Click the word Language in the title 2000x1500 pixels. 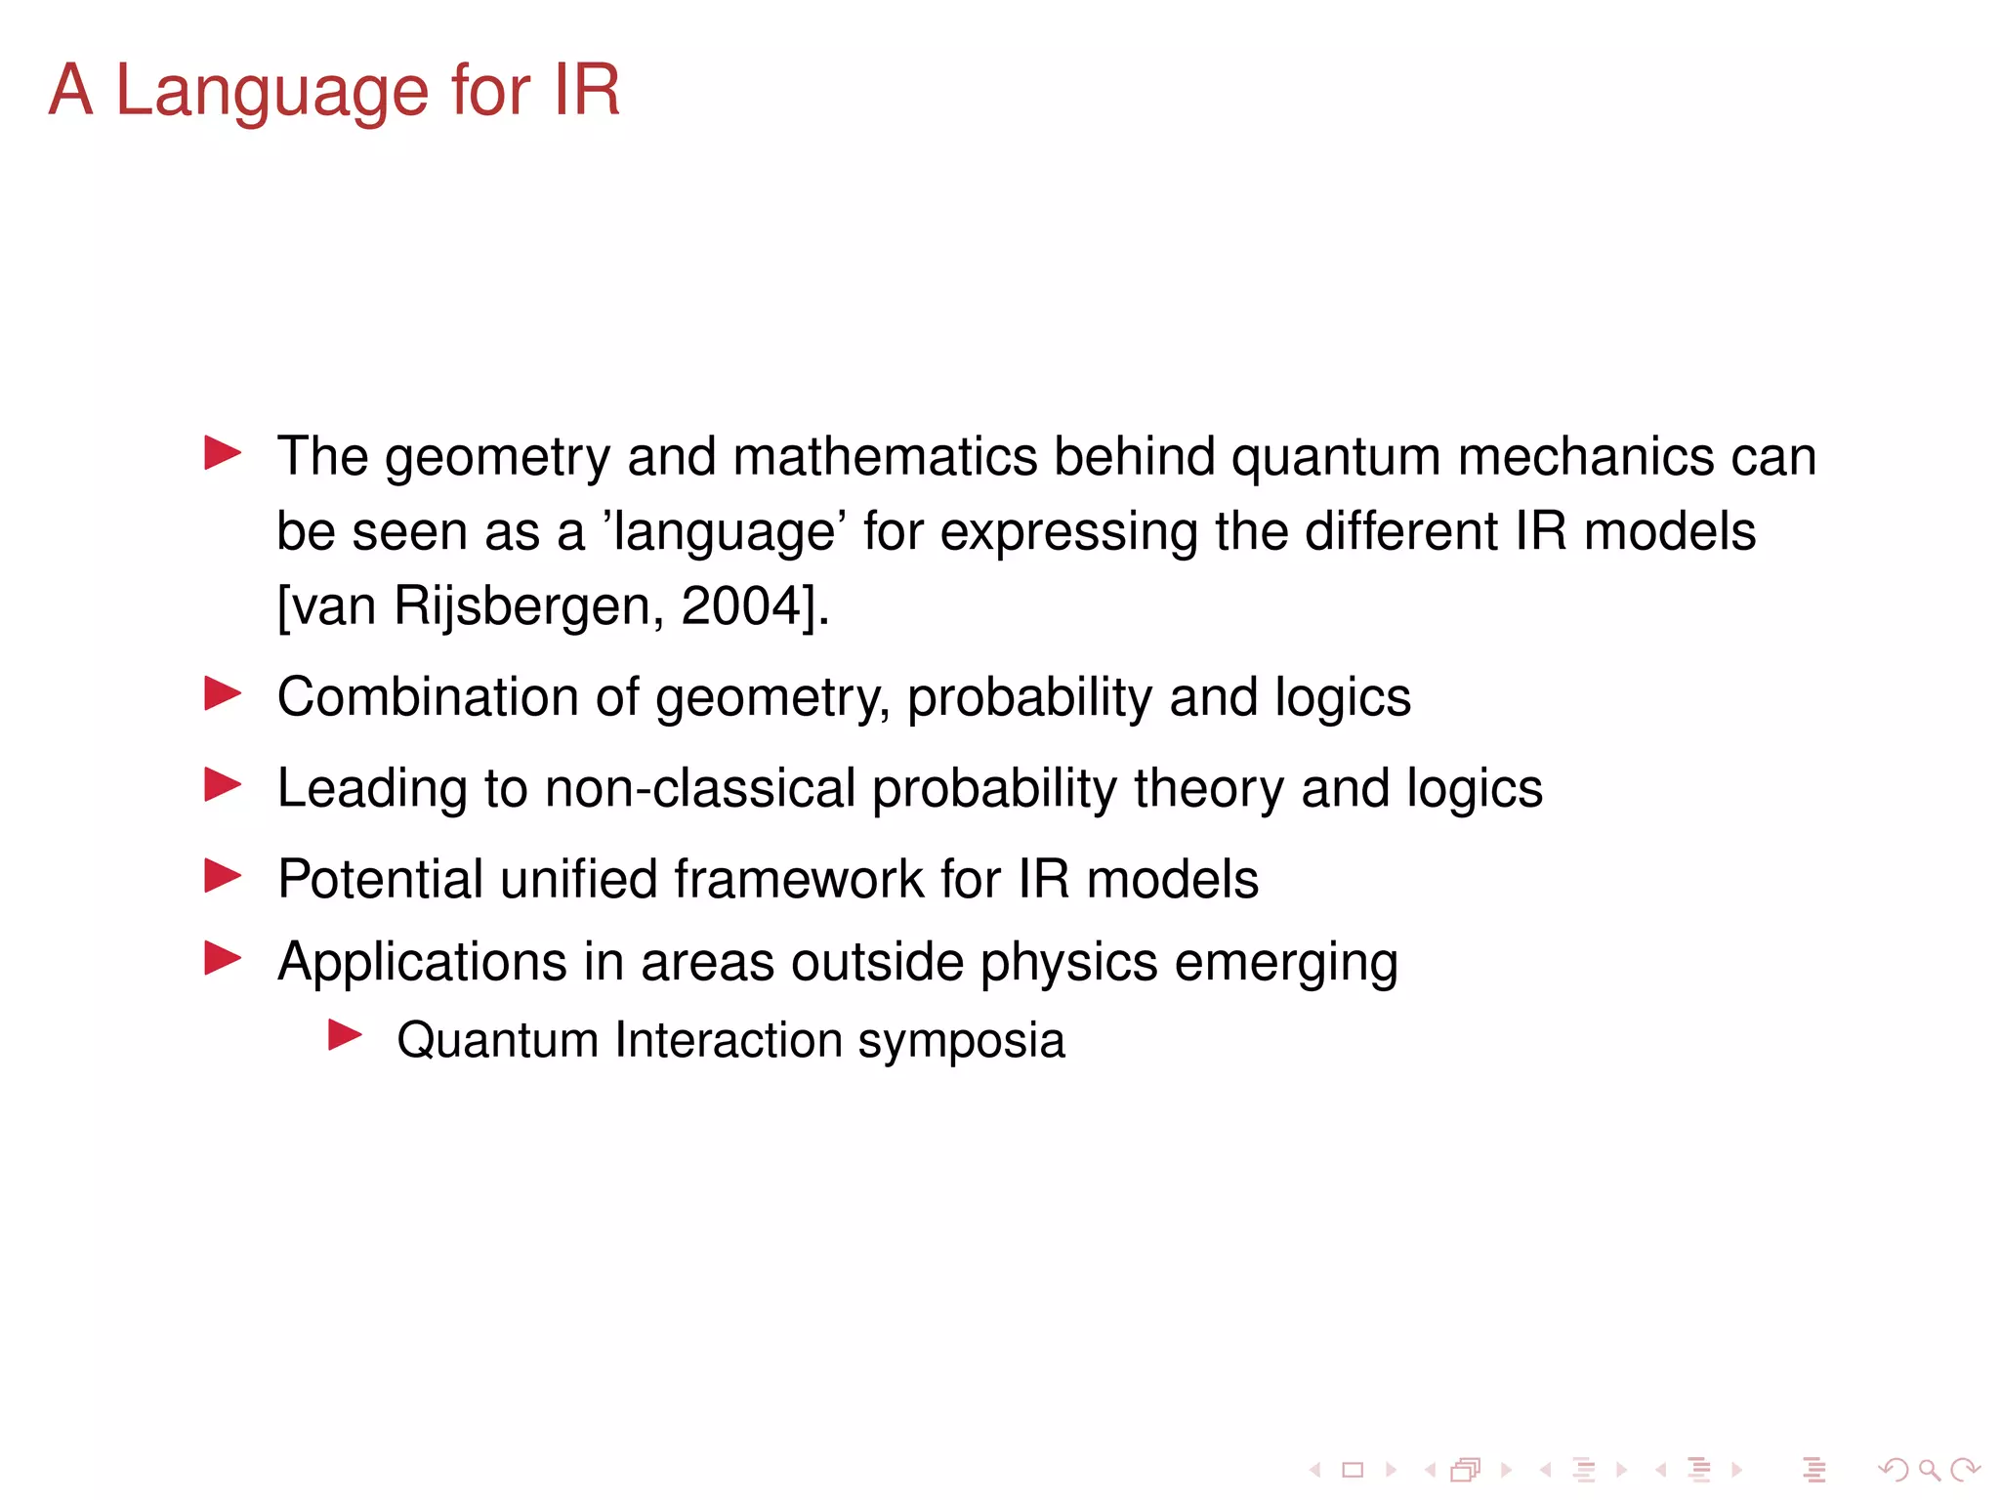coord(272,91)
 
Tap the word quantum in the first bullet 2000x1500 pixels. coord(1335,457)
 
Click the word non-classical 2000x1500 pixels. coord(700,788)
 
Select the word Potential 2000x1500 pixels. coord(380,879)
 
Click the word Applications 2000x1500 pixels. coord(422,962)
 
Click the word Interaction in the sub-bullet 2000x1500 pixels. coord(728,1040)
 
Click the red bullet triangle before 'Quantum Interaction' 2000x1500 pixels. coord(345,1035)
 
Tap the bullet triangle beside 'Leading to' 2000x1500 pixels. coord(223,784)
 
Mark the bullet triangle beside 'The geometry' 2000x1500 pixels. coord(223,453)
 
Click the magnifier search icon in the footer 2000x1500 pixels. coord(1929,1470)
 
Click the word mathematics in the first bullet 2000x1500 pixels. coord(885,457)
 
